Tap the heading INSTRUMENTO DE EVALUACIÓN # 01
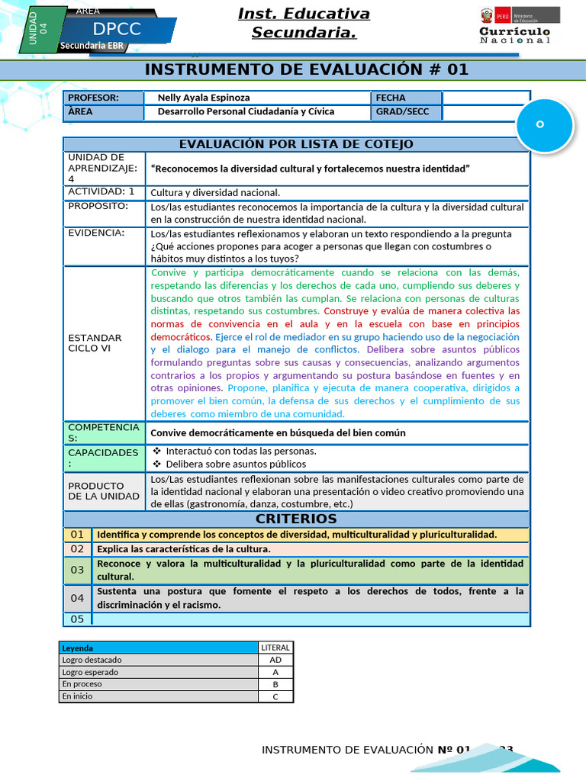[306, 70]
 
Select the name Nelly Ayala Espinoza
[204, 98]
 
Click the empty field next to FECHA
[485, 98]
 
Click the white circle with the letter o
[544, 124]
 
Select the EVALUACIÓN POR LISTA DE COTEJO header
[296, 144]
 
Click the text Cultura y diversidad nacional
[215, 192]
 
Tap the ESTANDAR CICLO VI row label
[95, 342]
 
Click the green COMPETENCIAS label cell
[104, 432]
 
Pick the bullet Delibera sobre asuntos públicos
[235, 464]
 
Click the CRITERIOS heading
[296, 519]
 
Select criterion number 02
[77, 549]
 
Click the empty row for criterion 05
[311, 619]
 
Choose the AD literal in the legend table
[275, 660]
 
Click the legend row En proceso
[159, 684]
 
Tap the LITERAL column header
[275, 648]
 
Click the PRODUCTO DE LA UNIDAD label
[104, 491]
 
